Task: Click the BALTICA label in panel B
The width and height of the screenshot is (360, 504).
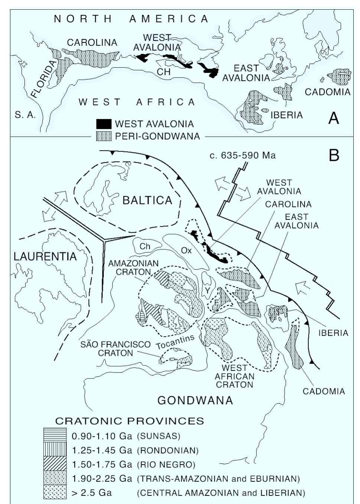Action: (147, 200)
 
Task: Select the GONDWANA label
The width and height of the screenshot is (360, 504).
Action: (195, 400)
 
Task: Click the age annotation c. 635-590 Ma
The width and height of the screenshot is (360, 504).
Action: (243, 155)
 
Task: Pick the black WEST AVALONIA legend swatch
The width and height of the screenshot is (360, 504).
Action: (104, 124)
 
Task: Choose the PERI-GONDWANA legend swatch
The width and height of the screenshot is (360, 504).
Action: (104, 136)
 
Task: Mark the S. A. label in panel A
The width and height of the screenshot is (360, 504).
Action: (25, 115)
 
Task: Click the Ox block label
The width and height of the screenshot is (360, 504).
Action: (186, 250)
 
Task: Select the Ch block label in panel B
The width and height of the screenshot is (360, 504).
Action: (145, 246)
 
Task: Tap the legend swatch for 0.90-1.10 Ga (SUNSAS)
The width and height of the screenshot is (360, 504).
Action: (55, 435)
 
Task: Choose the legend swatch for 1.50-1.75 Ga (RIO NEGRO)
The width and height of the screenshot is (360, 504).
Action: (55, 464)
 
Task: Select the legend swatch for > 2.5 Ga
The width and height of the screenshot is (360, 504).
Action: (55, 493)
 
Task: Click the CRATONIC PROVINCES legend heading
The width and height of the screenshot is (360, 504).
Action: (130, 421)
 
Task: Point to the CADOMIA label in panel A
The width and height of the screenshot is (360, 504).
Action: (327, 92)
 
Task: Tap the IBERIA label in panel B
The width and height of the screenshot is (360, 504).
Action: (333, 333)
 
